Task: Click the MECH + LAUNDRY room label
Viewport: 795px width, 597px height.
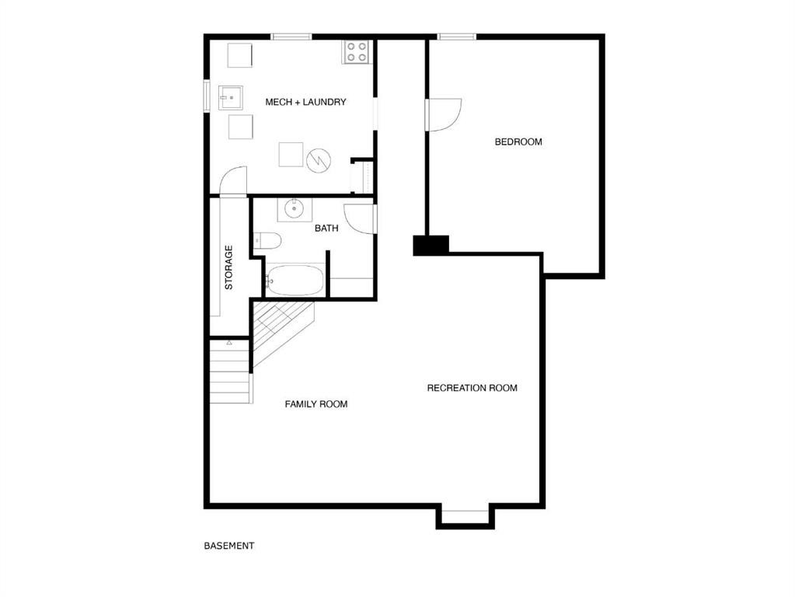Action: click(x=305, y=102)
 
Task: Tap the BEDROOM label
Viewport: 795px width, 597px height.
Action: click(x=518, y=141)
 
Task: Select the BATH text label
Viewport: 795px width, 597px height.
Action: click(x=326, y=229)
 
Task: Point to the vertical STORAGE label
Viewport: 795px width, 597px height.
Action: click(x=228, y=267)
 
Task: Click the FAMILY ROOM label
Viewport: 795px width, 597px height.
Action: click(x=316, y=404)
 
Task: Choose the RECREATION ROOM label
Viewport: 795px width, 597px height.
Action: click(x=472, y=388)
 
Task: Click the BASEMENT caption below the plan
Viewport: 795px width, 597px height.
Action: click(x=228, y=546)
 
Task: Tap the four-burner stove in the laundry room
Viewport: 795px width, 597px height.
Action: click(x=357, y=52)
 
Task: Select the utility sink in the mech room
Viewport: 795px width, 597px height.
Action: click(x=231, y=97)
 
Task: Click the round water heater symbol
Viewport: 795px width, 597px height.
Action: click(x=319, y=160)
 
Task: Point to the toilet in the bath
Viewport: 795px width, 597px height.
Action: click(x=267, y=242)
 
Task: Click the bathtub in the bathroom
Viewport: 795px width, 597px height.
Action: click(x=295, y=281)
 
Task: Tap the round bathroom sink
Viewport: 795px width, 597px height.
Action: click(x=295, y=208)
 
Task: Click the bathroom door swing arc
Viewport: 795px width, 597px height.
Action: click(x=359, y=218)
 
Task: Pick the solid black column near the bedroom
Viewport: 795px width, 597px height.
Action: click(x=431, y=245)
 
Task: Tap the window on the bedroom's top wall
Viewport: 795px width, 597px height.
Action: click(x=457, y=37)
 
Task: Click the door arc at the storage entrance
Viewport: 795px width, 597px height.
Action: click(x=233, y=180)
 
